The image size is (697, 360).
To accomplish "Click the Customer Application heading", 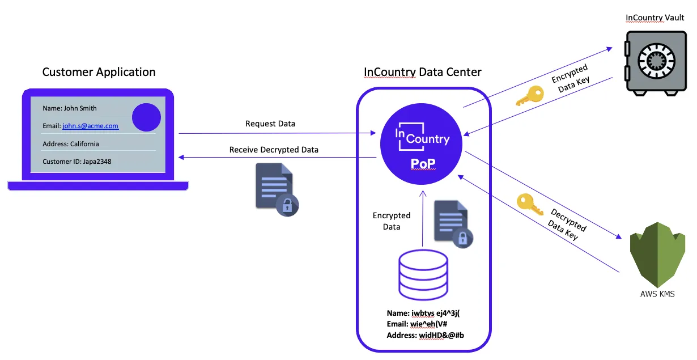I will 99,72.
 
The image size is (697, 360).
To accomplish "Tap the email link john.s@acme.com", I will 90,126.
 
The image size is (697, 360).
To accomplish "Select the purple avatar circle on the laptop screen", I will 146,117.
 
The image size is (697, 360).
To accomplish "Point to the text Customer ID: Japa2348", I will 77,162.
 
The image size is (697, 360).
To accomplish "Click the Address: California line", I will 71,144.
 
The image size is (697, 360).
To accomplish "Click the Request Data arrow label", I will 270,124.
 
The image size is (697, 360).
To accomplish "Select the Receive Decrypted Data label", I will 274,150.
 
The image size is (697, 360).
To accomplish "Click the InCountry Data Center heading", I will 422,72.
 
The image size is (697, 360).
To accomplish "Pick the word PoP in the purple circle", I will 422,164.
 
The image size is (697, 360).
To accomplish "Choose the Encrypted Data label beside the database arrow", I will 392,221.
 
